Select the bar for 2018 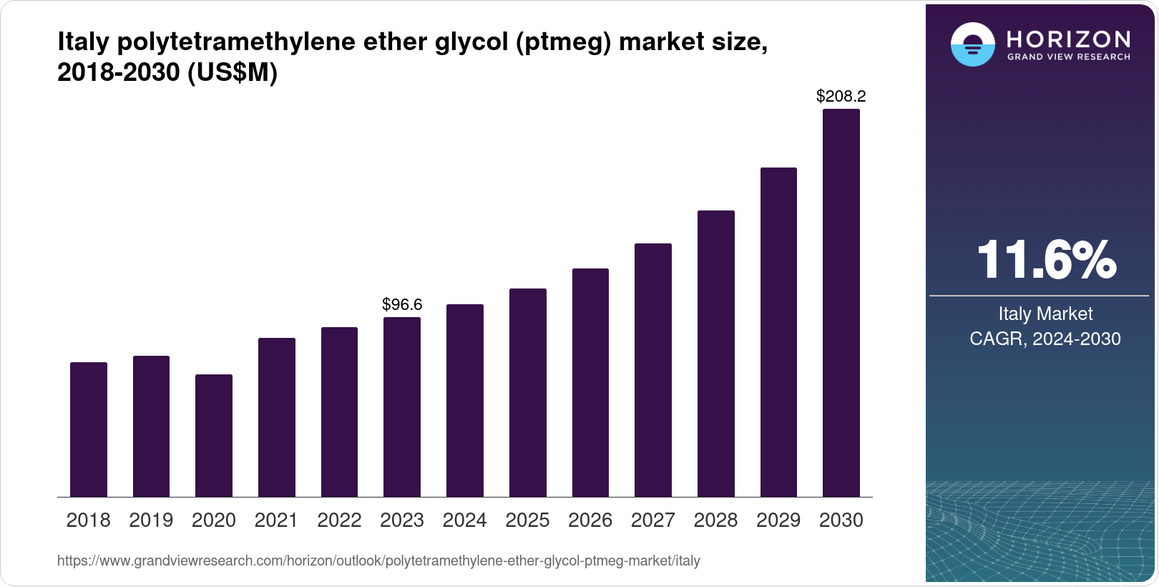pos(89,430)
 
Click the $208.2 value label pos(841,96)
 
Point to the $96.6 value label pos(402,305)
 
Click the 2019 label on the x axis pos(151,520)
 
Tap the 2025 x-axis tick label pos(527,520)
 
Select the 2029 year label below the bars pos(778,520)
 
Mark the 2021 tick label pos(276,520)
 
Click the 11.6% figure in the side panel pos(1045,260)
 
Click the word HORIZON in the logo pos(1068,39)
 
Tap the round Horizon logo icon pos(972,44)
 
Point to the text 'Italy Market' pos(1045,314)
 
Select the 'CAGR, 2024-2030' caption pos(1045,339)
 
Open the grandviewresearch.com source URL pos(378,561)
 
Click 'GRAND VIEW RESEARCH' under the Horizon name pos(1068,57)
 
